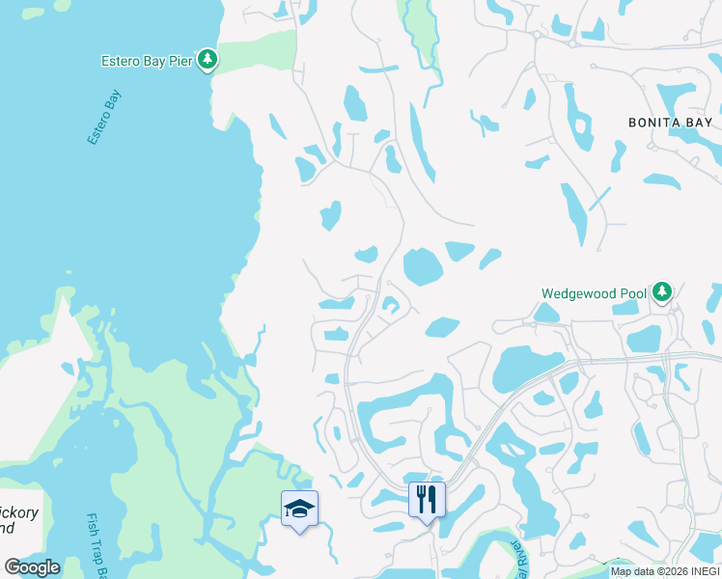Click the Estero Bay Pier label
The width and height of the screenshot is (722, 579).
tap(148, 61)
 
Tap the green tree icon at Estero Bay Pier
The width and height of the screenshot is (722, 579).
tap(208, 60)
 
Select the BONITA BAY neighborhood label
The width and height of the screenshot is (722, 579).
tap(670, 123)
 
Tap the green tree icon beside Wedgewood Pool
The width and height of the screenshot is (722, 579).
tap(661, 290)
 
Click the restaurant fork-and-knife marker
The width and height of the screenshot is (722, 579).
tap(426, 500)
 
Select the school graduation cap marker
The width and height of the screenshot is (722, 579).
tap(299, 508)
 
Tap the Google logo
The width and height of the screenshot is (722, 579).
tap(32, 567)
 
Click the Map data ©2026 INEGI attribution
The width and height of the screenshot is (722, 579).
tap(665, 571)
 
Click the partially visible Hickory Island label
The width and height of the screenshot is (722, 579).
tap(19, 520)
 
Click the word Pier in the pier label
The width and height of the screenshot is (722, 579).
tap(181, 61)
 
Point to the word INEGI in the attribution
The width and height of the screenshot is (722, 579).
tap(702, 571)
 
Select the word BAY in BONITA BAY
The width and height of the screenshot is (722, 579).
tap(700, 123)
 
